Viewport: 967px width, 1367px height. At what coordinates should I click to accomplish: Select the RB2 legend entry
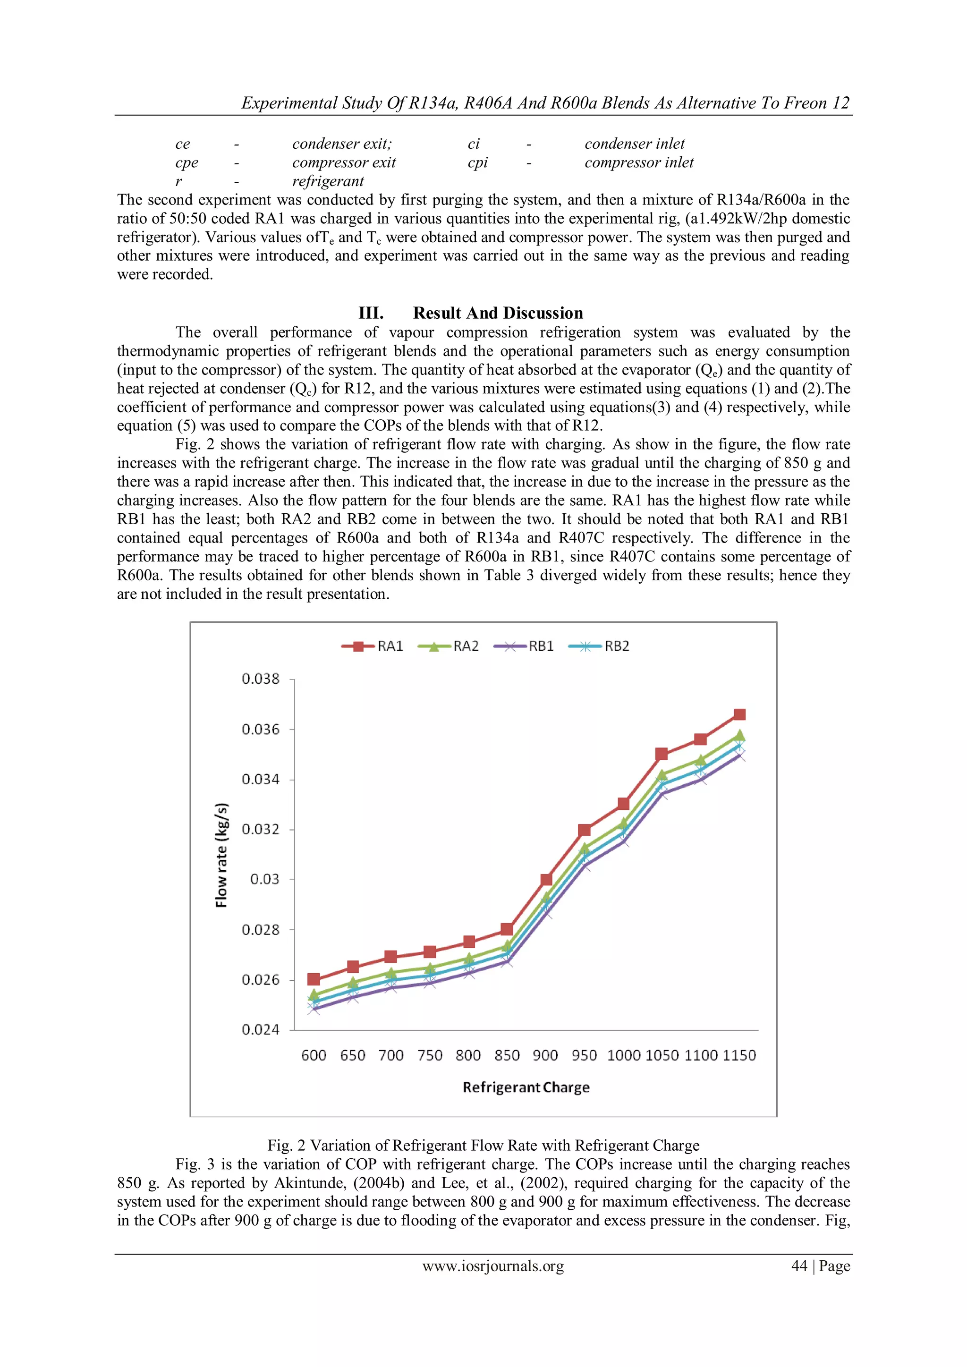click(x=600, y=646)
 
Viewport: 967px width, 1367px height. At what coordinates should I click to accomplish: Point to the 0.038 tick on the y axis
click(x=260, y=679)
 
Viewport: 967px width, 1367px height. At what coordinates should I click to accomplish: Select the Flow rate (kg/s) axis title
click(x=221, y=855)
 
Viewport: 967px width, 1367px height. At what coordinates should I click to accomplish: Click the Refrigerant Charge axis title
click(x=526, y=1087)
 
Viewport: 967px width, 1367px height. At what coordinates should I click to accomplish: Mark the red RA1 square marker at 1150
click(x=739, y=714)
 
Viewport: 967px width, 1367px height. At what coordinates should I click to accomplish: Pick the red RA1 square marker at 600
click(x=313, y=979)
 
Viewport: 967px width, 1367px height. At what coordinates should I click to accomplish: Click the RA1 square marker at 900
click(x=546, y=879)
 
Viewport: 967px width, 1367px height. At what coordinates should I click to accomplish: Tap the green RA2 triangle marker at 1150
click(x=739, y=735)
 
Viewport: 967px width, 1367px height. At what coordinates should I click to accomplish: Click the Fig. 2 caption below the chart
click(x=483, y=1145)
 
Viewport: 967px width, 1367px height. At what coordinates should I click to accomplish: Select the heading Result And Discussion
click(x=498, y=313)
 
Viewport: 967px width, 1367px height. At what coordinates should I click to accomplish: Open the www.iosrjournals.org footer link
click(x=493, y=1266)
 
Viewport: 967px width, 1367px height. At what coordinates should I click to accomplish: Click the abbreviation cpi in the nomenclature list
click(x=477, y=162)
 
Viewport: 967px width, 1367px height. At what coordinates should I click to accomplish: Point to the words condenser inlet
click(x=634, y=144)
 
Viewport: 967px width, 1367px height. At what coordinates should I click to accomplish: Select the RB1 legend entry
click(x=525, y=646)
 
